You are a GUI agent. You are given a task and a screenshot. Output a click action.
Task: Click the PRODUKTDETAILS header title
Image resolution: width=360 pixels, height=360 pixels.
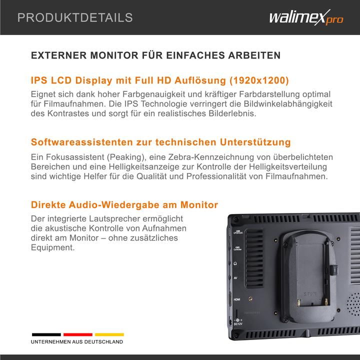[75, 18]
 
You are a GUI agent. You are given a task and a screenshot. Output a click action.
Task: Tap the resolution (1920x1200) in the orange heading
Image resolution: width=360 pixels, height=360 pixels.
[259, 80]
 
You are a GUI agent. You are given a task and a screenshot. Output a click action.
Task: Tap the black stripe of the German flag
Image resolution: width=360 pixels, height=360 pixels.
[46, 334]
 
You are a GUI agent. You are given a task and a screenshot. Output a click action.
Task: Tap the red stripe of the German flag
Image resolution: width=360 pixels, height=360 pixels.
[77, 334]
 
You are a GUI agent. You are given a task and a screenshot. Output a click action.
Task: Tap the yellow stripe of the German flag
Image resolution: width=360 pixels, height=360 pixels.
[109, 334]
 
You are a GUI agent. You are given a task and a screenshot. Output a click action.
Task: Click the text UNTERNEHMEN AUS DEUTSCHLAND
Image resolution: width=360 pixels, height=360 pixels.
[77, 342]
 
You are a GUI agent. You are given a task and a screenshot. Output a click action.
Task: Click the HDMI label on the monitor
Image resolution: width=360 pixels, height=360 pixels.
[237, 298]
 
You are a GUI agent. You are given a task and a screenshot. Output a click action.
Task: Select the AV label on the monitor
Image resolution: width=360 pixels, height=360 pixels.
[236, 278]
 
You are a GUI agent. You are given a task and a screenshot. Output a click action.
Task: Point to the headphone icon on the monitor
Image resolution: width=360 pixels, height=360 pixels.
[235, 262]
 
